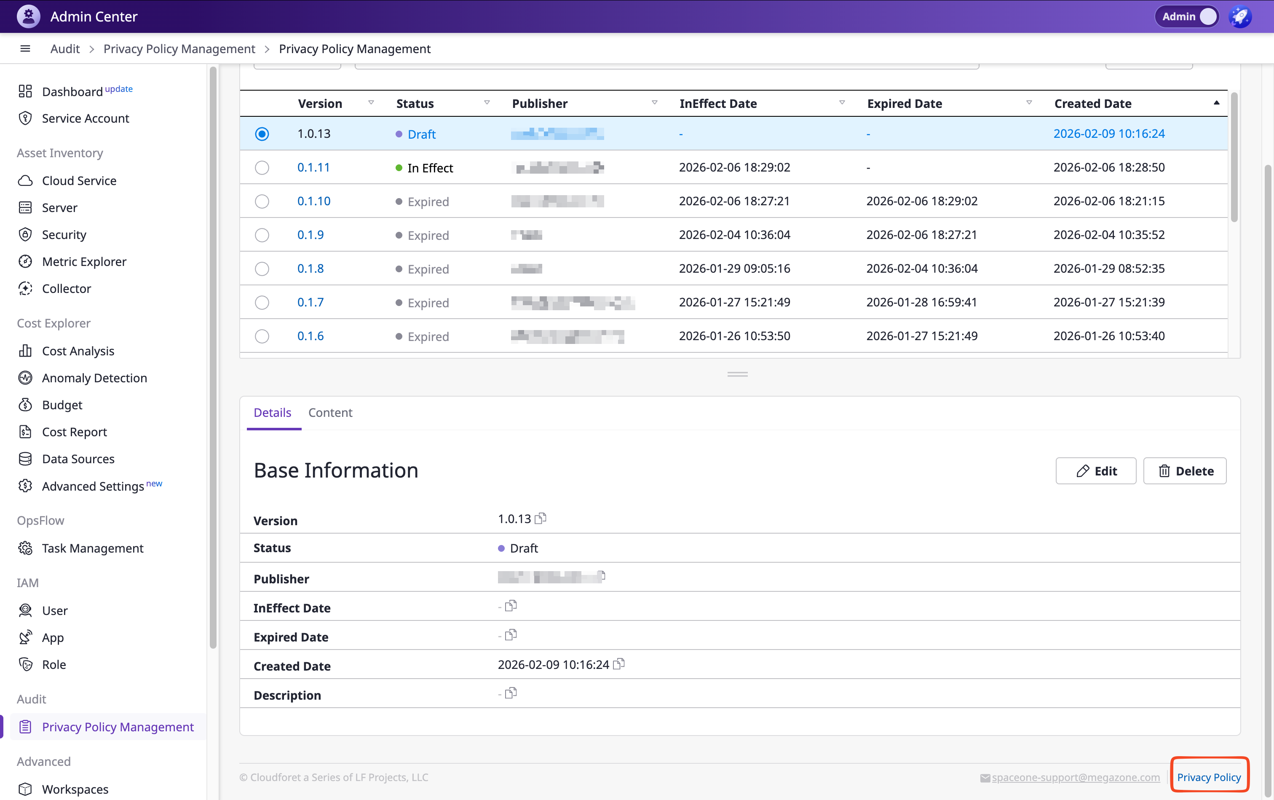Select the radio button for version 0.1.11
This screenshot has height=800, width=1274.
[262, 168]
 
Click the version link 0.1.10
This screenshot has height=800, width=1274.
[313, 201]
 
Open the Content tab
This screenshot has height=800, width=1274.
[330, 413]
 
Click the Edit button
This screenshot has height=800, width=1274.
[1096, 471]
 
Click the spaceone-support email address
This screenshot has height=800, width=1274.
[1075, 777]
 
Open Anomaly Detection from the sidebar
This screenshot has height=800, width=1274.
[94, 378]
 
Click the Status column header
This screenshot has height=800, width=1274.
[415, 104]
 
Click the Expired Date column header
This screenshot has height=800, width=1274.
[905, 104]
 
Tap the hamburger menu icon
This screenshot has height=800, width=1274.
[25, 48]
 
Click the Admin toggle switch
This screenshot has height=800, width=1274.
[1207, 16]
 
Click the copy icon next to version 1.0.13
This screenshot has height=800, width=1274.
[541, 518]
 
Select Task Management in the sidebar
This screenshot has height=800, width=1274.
[93, 548]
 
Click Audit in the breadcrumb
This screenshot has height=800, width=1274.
[65, 48]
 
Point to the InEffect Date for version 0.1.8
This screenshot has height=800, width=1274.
[735, 269]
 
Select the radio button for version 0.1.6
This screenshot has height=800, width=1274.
[262, 336]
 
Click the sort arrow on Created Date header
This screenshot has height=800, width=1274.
[1216, 103]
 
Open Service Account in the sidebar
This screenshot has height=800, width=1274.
[85, 118]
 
